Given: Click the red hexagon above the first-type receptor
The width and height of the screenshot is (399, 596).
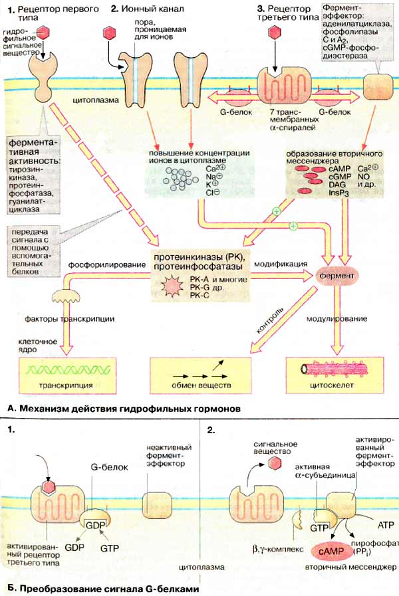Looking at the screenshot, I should pos(44,32).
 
